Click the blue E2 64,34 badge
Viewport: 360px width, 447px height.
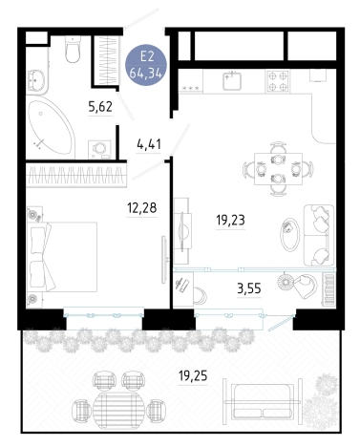(x=146, y=65)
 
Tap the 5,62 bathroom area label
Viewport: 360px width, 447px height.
(x=100, y=107)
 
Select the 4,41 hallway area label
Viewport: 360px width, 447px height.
(x=149, y=144)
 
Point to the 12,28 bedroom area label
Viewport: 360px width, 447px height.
(x=142, y=208)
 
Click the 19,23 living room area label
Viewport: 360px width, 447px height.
(x=230, y=220)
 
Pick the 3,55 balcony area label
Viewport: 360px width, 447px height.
(x=249, y=288)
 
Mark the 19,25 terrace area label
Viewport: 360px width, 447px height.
(x=193, y=376)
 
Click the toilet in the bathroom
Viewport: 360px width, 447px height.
(x=73, y=49)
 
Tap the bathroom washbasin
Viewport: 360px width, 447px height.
(x=37, y=80)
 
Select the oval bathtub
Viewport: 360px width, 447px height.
(x=51, y=127)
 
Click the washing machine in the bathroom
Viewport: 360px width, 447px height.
(x=99, y=149)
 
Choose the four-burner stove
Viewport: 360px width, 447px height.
(x=278, y=81)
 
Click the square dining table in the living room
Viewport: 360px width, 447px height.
(x=278, y=169)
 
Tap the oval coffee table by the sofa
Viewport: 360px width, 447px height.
(x=289, y=235)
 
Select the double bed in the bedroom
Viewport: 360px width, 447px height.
(x=62, y=257)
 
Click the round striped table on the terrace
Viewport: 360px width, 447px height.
(x=118, y=407)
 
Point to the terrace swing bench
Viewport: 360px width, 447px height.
(x=263, y=401)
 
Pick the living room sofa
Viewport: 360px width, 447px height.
(x=319, y=235)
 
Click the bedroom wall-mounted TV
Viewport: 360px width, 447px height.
(x=164, y=259)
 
